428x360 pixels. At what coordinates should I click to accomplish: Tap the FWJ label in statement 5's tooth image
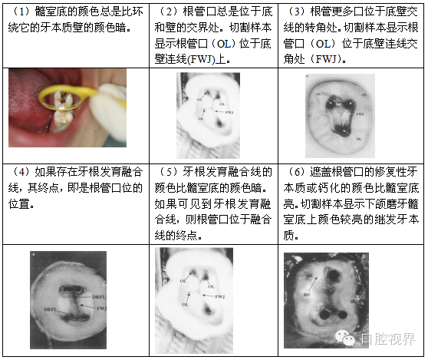tap(220, 296)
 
